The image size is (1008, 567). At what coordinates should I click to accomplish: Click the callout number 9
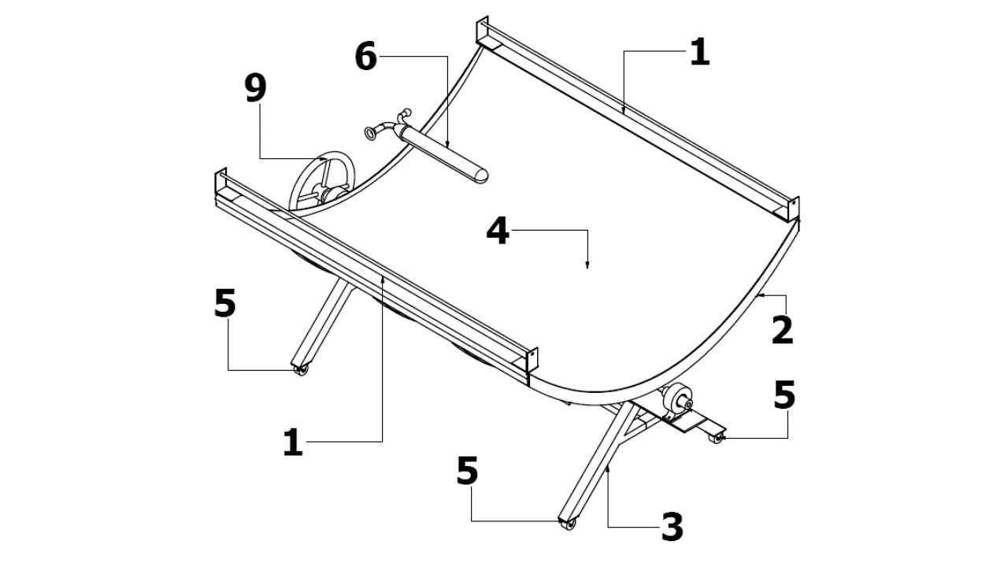(256, 88)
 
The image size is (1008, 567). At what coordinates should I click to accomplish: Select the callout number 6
(366, 57)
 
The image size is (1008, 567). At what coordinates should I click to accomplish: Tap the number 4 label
(498, 231)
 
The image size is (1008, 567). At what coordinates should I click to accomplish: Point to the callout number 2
(782, 331)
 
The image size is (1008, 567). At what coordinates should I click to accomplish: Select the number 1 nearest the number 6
(700, 52)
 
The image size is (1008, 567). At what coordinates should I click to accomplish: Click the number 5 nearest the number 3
(467, 470)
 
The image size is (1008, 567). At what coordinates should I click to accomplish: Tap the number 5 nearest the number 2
(784, 395)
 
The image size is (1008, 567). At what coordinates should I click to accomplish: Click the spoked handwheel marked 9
(321, 183)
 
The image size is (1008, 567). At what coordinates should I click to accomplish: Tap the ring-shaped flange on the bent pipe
(371, 133)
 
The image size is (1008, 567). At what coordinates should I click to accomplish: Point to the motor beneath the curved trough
(676, 398)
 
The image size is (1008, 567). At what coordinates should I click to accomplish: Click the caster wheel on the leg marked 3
(569, 524)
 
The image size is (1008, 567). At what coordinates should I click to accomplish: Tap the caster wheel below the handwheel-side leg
(302, 370)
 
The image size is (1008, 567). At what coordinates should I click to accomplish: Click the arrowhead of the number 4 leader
(587, 266)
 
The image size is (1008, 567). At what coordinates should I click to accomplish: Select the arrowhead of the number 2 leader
(760, 295)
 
